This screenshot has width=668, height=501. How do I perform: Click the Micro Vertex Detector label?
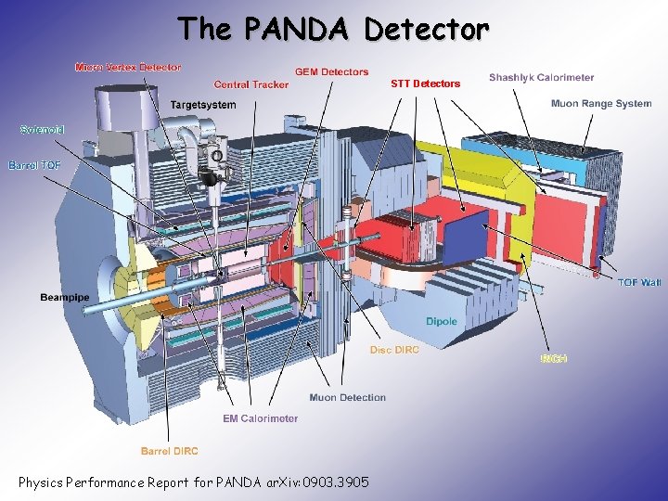coord(128,67)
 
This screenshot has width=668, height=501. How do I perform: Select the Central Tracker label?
coord(251,84)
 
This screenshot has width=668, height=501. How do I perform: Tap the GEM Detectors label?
coord(331,71)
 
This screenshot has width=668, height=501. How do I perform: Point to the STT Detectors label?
coord(425,83)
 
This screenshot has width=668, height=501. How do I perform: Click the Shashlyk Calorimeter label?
coord(542,77)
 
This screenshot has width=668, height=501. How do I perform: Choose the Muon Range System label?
coord(601,103)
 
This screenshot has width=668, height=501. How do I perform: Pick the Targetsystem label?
coord(203,105)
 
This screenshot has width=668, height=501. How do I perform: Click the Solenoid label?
coord(42,130)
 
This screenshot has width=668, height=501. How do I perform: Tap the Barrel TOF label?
coord(34,165)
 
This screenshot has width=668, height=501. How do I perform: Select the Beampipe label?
coord(66,297)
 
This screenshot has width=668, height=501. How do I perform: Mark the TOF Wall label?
coord(639,282)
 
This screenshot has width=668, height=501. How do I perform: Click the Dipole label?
coord(442,321)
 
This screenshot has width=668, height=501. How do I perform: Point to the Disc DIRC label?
coord(394,350)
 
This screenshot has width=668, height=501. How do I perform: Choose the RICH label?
coord(553,358)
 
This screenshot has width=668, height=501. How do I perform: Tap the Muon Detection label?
coord(348,397)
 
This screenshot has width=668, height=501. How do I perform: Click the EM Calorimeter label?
coord(261,418)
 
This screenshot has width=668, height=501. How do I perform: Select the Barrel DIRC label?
coord(169,451)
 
